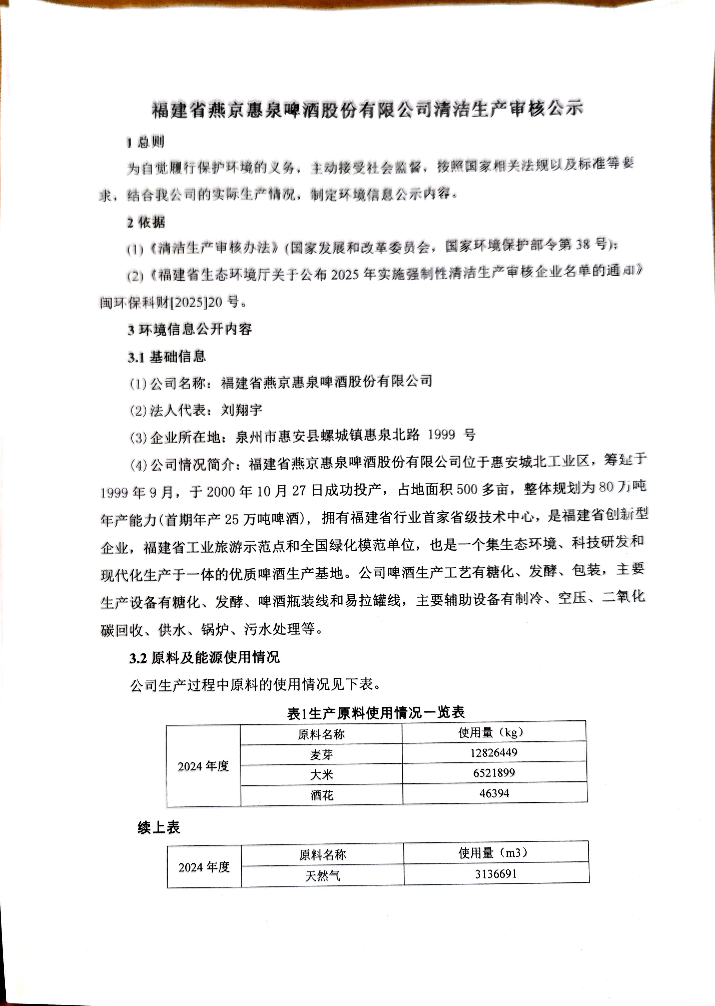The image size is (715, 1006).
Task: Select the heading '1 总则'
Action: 145,142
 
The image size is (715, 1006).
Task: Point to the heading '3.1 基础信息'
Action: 167,357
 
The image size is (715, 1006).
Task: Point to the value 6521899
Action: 494,773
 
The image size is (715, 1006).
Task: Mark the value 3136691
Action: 495,873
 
